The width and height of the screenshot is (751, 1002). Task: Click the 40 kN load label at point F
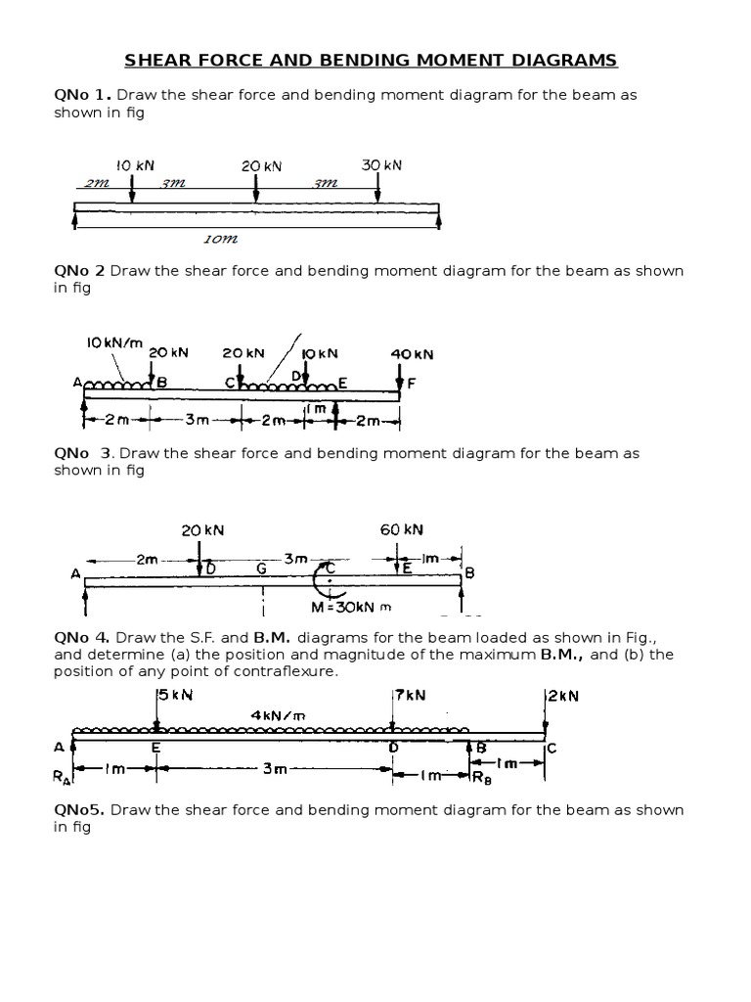412,354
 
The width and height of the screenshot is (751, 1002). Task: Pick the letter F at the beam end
412,386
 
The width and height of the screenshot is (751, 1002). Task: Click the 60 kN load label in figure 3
402,529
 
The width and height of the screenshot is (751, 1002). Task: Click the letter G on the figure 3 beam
261,567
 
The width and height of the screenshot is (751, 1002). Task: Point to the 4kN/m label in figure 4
278,715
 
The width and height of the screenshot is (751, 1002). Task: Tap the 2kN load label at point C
561,696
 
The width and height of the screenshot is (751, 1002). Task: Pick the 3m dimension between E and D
274,769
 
